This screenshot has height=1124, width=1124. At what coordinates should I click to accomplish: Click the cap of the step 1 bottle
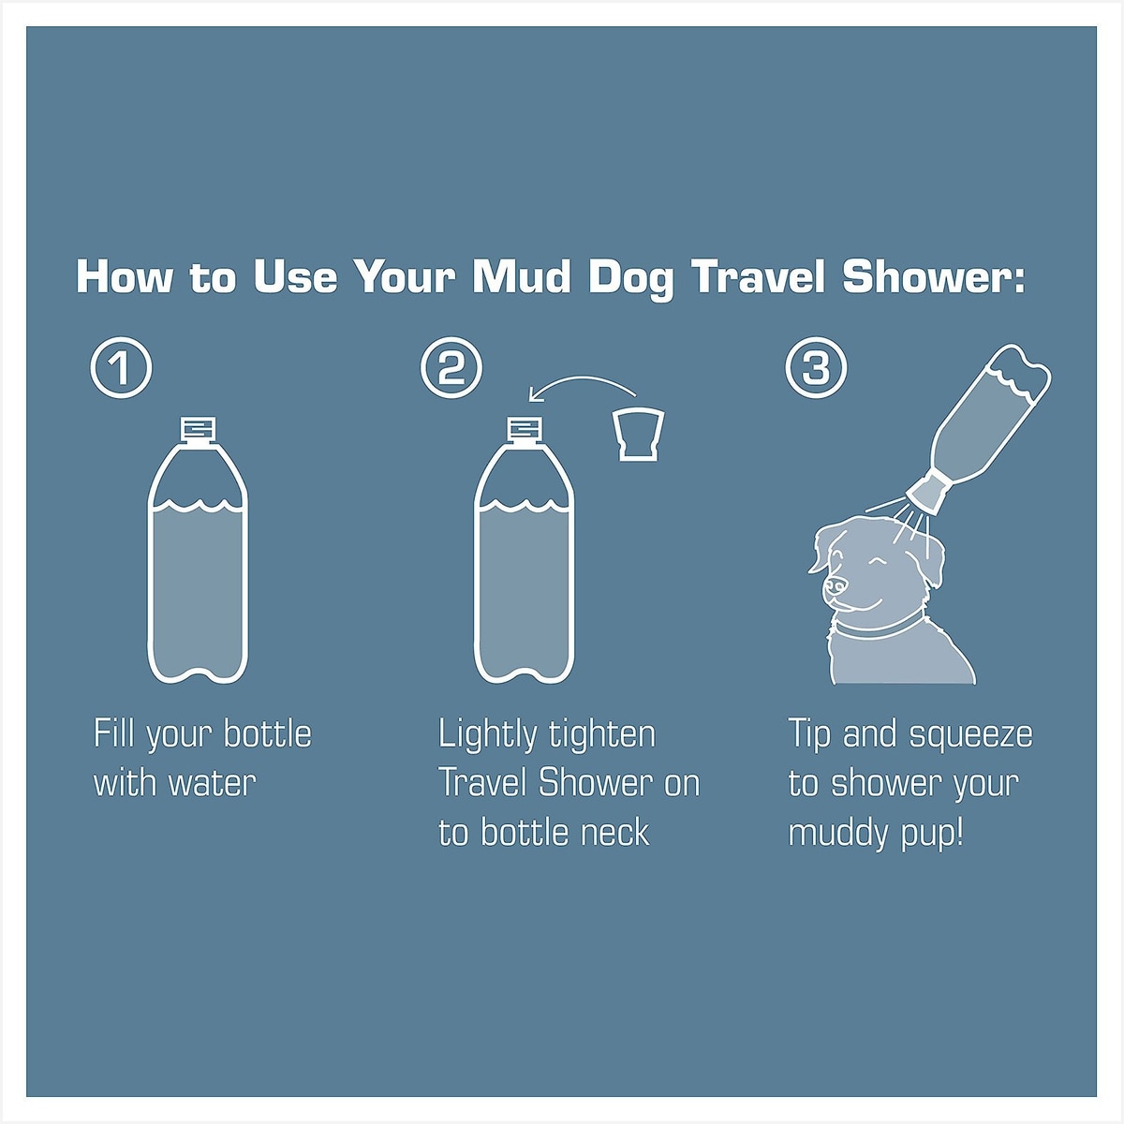199,429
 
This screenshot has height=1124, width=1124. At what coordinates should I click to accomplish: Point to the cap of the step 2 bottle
525,429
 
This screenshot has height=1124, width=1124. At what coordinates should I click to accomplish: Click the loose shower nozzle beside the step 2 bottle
638,436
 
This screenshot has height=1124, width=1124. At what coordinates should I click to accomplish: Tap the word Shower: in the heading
933,276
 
